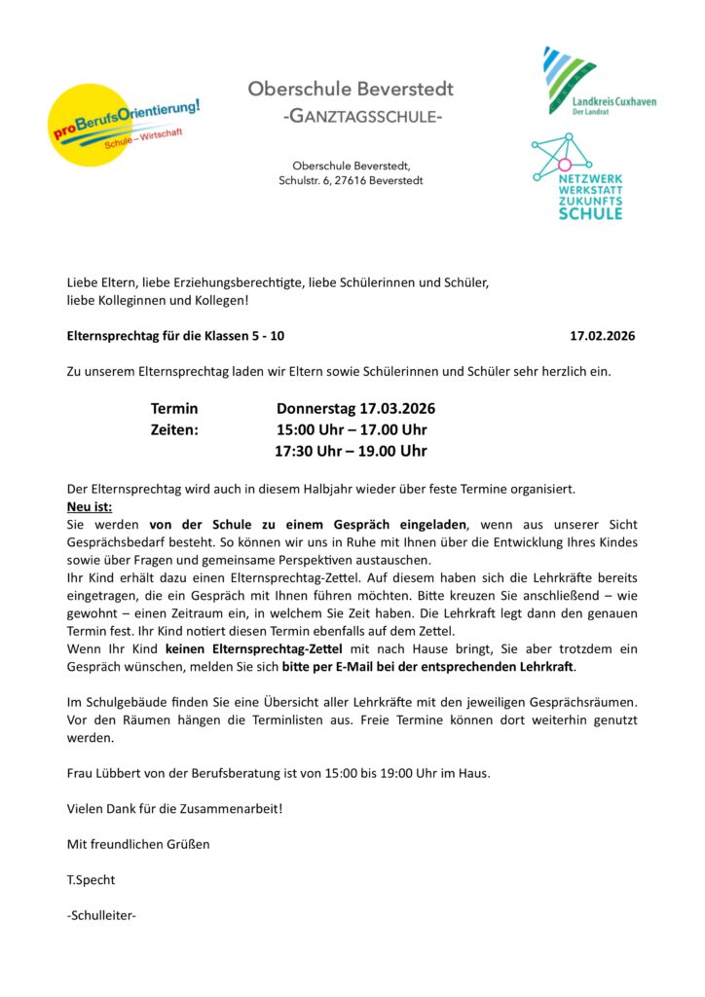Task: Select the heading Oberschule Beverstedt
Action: pos(351,89)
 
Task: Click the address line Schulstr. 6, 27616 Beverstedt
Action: pos(351,180)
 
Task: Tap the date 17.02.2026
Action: pos(602,336)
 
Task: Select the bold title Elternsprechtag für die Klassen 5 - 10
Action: pos(176,336)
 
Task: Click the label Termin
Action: pos(174,408)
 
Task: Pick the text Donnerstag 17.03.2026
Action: pos(355,408)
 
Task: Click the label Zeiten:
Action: pos(174,429)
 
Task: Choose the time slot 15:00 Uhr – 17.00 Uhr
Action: pos(352,429)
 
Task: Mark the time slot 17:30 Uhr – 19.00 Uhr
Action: pos(351,451)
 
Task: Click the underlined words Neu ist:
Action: pos(90,506)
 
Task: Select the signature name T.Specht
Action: pos(91,879)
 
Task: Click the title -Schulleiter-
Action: pos(101,914)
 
